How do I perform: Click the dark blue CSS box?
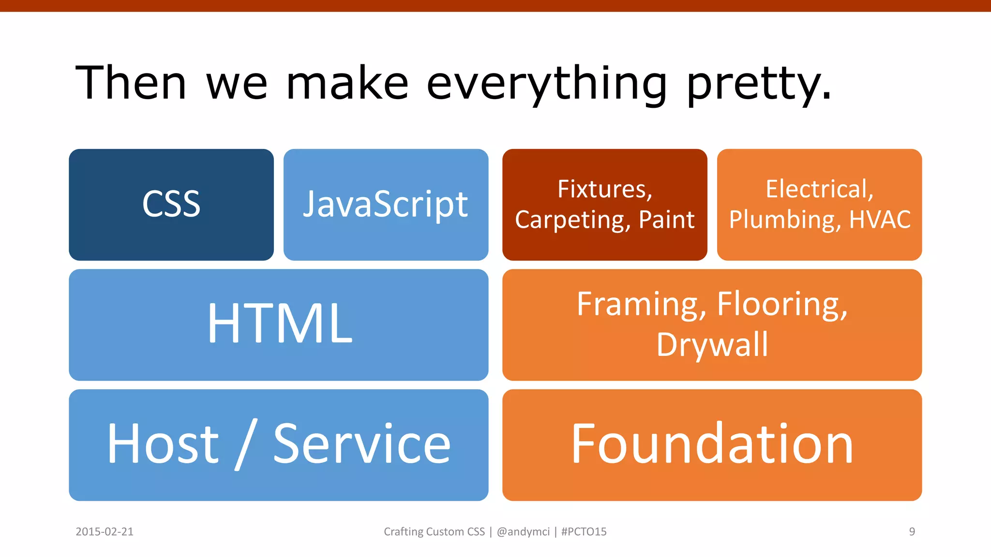point(171,205)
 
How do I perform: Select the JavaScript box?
point(386,205)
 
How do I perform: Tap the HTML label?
point(280,323)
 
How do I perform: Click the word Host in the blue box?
point(163,443)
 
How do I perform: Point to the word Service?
point(362,443)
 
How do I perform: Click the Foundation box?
point(712,444)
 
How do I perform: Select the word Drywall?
point(712,345)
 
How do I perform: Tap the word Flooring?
point(782,305)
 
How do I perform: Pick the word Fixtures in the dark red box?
point(605,189)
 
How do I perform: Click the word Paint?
point(666,220)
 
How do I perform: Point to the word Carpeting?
point(572,220)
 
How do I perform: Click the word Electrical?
point(819,189)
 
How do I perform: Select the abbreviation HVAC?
point(880,220)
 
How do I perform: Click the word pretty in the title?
point(758,84)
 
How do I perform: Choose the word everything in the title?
point(547,84)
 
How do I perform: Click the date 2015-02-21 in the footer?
point(105,532)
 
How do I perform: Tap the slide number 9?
point(912,532)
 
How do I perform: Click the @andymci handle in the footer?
point(523,532)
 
